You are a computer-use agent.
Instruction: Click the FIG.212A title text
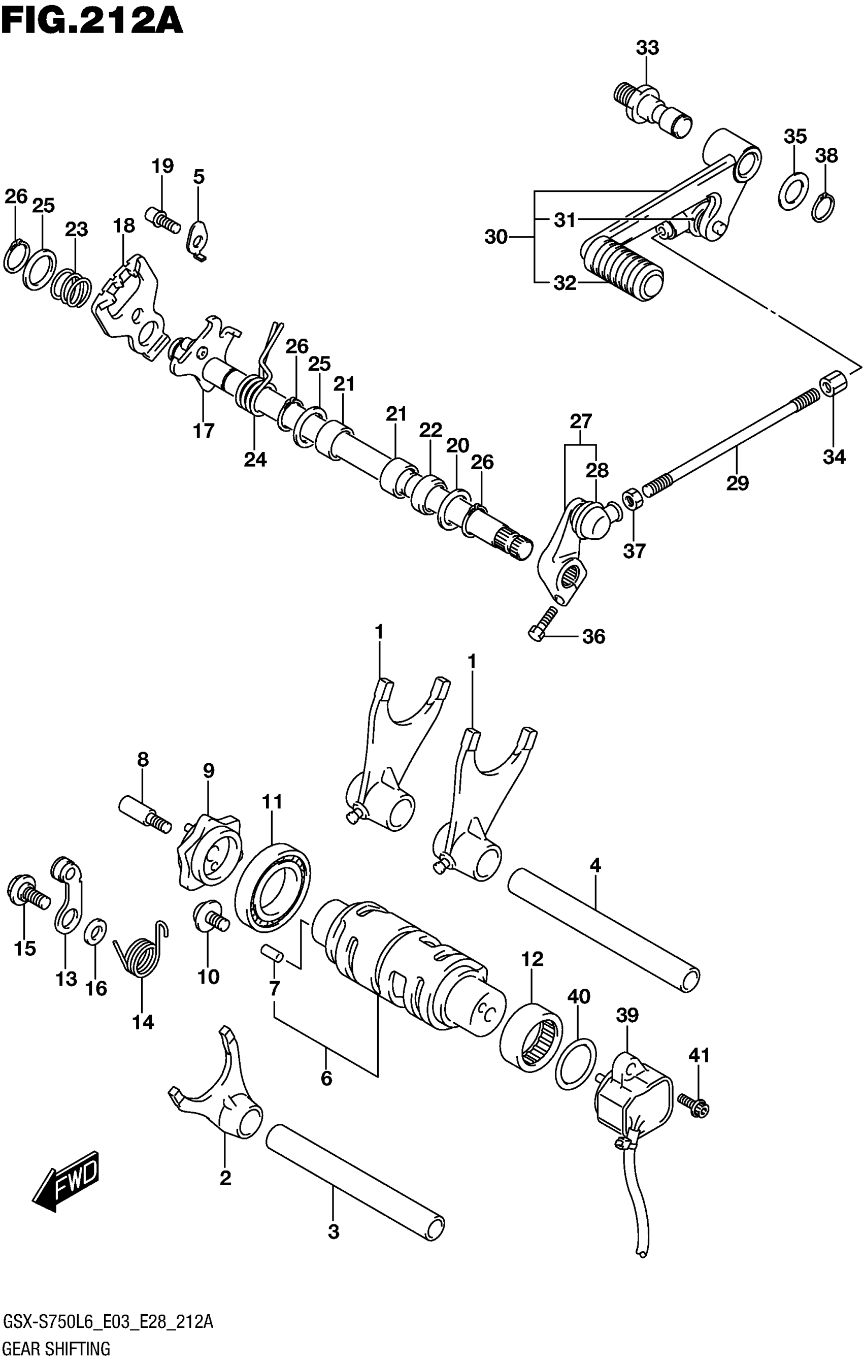(x=92, y=21)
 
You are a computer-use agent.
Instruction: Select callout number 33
(x=647, y=48)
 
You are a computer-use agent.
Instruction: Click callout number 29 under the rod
(x=737, y=483)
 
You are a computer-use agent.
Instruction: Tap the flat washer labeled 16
(x=95, y=932)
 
